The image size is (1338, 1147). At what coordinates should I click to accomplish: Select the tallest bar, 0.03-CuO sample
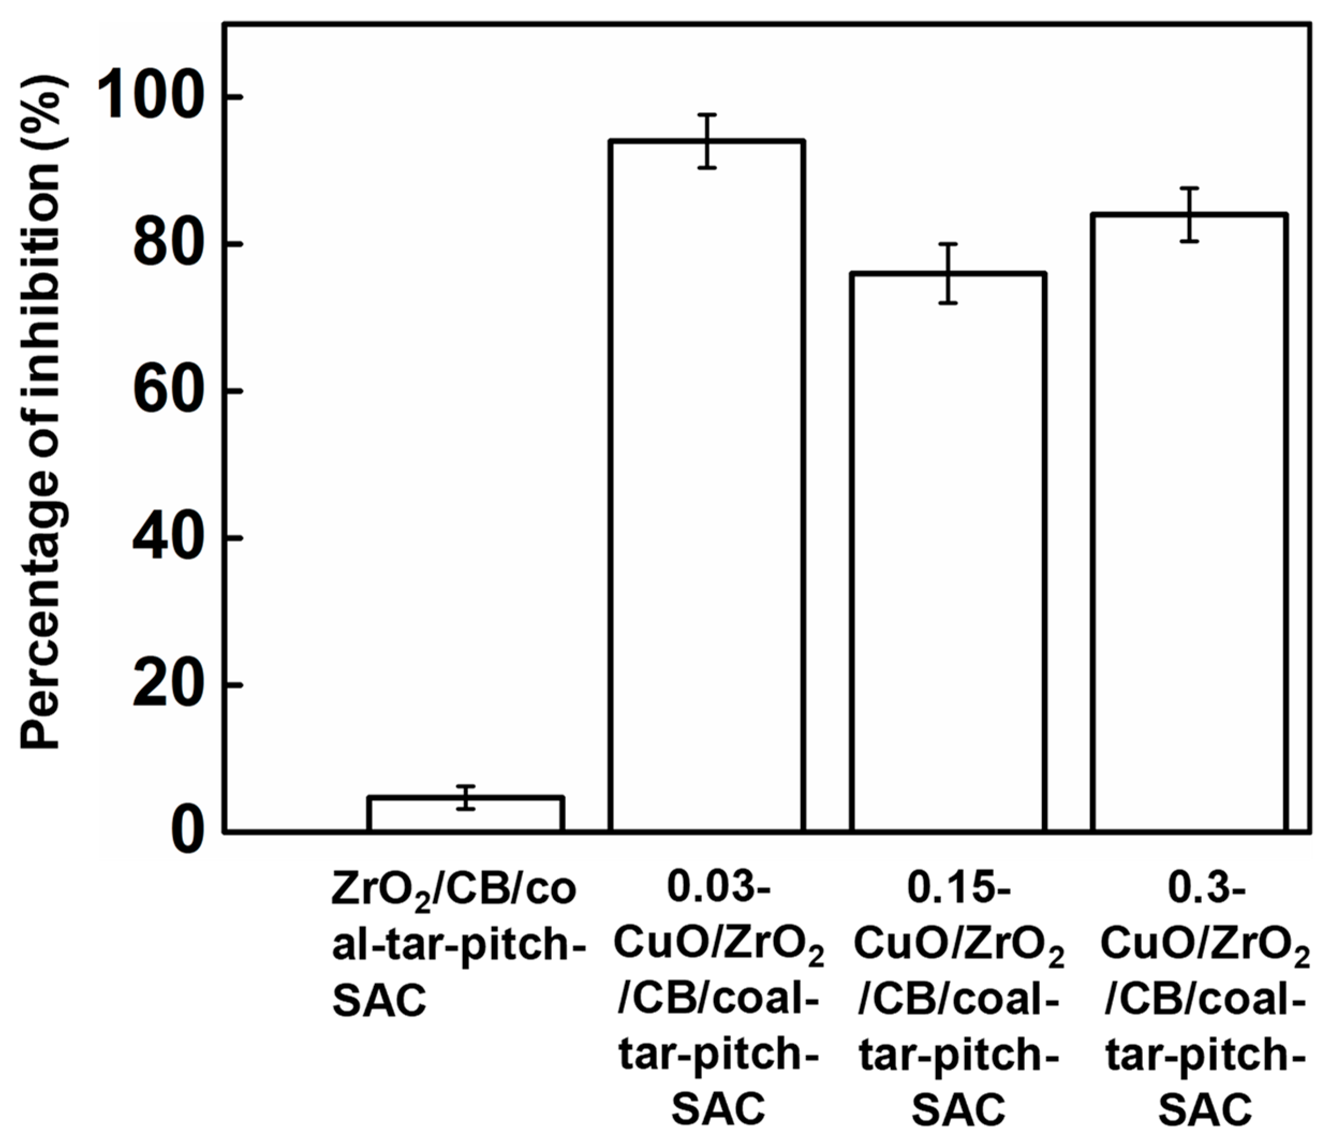707,484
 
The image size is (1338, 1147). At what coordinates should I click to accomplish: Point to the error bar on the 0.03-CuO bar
707,141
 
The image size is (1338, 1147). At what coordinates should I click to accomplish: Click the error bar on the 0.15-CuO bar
947,273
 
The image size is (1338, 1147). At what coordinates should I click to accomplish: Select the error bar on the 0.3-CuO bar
1189,215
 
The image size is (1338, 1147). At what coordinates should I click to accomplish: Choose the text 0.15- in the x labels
958,888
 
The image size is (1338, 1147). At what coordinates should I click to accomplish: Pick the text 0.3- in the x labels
1206,888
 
